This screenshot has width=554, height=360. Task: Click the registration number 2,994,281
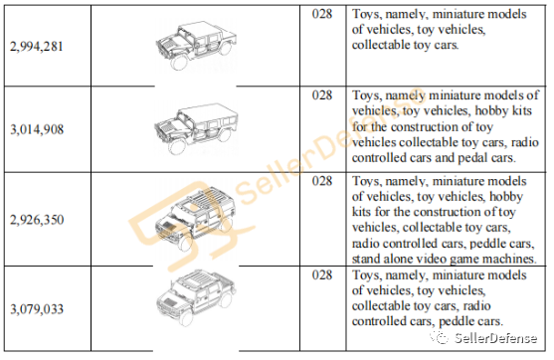(37, 47)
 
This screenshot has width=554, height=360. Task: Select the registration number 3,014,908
(37, 129)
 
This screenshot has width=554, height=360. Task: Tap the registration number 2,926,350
(37, 220)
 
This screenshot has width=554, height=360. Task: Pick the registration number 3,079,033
(37, 309)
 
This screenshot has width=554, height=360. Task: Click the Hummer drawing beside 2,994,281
(196, 45)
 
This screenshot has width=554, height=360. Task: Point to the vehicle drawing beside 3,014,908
(196, 129)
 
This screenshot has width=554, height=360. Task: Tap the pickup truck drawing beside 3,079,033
(196, 297)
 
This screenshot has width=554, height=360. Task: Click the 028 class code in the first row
(322, 14)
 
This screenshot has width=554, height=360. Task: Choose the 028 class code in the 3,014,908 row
(322, 95)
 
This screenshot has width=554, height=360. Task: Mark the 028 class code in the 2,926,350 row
(322, 181)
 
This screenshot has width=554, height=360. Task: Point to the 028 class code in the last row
(322, 274)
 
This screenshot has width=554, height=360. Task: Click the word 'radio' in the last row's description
(476, 305)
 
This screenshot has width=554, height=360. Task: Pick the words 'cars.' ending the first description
(445, 45)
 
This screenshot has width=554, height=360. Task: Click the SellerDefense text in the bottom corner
(495, 338)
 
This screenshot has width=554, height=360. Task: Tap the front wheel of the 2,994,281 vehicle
(179, 63)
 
